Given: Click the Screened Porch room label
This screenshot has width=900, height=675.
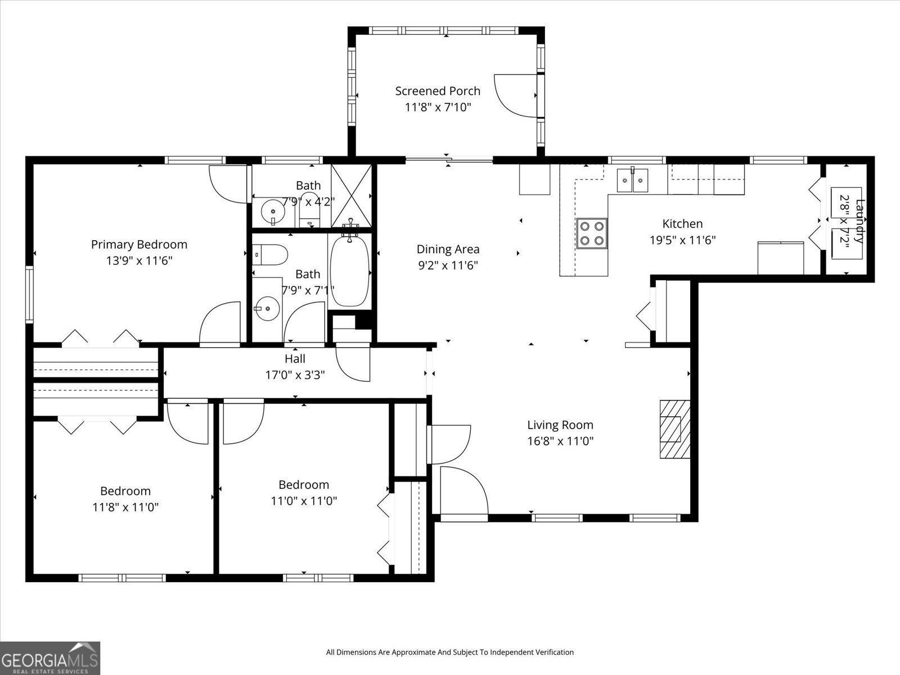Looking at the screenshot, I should (438, 91).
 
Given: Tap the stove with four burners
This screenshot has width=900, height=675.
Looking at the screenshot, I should (592, 233).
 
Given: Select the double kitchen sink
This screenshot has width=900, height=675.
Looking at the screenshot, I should (632, 180).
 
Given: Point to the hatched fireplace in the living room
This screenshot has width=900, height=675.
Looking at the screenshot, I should (674, 429).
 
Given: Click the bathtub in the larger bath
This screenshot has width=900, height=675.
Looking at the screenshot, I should (349, 272).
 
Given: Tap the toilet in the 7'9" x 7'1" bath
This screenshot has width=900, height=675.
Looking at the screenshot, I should (271, 254).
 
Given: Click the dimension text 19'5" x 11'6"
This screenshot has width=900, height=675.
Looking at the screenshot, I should (682, 240).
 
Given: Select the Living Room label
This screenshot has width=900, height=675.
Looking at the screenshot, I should (560, 425).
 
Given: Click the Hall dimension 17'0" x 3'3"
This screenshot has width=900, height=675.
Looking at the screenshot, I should (295, 375).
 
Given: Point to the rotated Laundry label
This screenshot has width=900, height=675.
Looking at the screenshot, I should (858, 220).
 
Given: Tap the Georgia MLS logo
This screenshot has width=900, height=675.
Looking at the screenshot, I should (50, 658).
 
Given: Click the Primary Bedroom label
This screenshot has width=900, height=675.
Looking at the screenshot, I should (139, 245).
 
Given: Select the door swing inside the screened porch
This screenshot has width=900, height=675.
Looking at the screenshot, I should (515, 95).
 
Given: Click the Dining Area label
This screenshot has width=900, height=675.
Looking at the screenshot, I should (448, 249).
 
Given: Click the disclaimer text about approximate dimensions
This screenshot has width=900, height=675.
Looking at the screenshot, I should (449, 652).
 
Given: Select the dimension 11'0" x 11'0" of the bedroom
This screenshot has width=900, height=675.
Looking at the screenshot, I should (304, 501).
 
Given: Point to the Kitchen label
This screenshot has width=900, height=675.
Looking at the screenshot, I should (682, 224).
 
